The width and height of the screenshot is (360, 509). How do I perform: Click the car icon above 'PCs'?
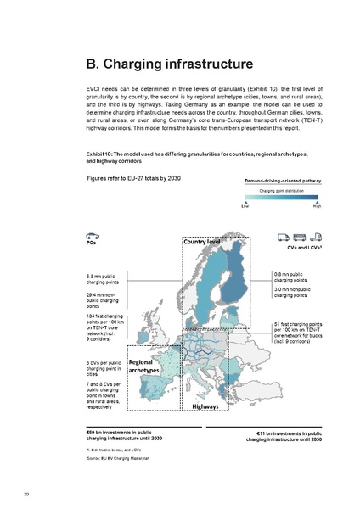[x=92, y=235]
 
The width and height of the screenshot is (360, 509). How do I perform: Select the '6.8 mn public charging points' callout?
[x=106, y=278]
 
